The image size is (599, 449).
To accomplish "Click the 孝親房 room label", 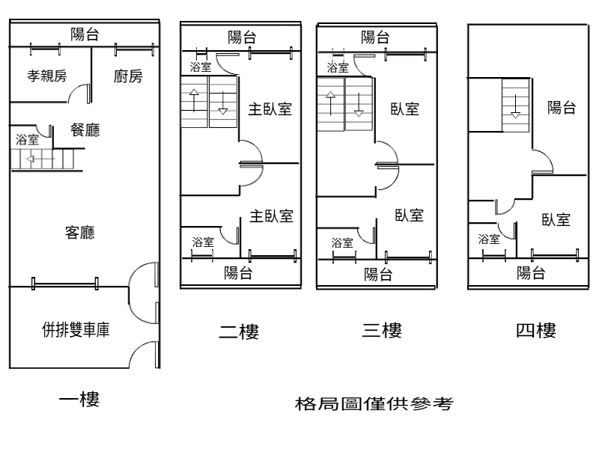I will pyautogui.click(x=47, y=76).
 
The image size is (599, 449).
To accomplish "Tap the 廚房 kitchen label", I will pyautogui.click(x=128, y=76).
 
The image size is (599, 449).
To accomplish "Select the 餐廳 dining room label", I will pyautogui.click(x=85, y=130).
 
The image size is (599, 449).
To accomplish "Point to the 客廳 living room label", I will pyautogui.click(x=80, y=233).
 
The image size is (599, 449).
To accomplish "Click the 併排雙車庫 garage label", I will pyautogui.click(x=76, y=329).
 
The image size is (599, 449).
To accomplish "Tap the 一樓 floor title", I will pyautogui.click(x=79, y=399).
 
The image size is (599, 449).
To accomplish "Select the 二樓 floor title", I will pyautogui.click(x=239, y=331).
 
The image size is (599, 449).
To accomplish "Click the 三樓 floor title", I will pyautogui.click(x=382, y=330).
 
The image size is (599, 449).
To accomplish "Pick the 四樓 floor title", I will pyautogui.click(x=536, y=330).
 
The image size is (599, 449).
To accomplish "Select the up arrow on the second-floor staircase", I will pyautogui.click(x=194, y=102).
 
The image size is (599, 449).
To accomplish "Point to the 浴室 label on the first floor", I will pyautogui.click(x=28, y=139).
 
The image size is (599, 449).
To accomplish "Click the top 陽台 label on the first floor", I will pyautogui.click(x=85, y=34).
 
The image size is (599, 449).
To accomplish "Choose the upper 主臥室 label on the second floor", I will pyautogui.click(x=270, y=109).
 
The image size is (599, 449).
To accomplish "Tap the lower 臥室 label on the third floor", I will pyautogui.click(x=410, y=216).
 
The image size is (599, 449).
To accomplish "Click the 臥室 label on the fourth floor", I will pyautogui.click(x=556, y=220).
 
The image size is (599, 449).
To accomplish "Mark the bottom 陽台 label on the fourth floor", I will pyautogui.click(x=531, y=272).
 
